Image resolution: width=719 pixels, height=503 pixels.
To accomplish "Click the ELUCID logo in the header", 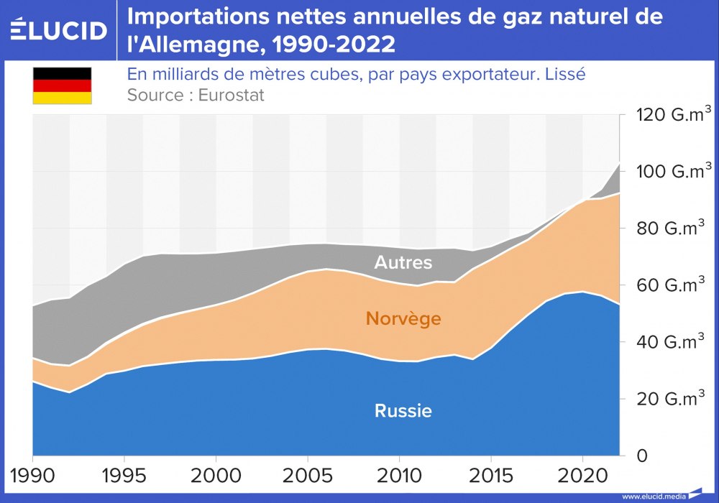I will (x=58, y=29).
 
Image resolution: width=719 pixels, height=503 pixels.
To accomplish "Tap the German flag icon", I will (x=62, y=86).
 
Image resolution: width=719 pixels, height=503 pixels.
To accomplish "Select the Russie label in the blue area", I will (x=403, y=412).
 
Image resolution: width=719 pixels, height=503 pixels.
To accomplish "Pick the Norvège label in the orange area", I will (x=403, y=319).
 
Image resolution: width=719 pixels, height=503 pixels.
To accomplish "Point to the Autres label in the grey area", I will (x=403, y=263).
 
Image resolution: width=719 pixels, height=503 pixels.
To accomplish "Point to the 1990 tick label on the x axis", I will (x=33, y=476).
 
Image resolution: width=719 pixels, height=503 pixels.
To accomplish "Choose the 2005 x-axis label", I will (x=308, y=476).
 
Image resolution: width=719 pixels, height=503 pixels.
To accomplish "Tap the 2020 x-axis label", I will (x=582, y=476).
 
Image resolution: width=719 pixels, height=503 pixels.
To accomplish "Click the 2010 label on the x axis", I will (x=399, y=476).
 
